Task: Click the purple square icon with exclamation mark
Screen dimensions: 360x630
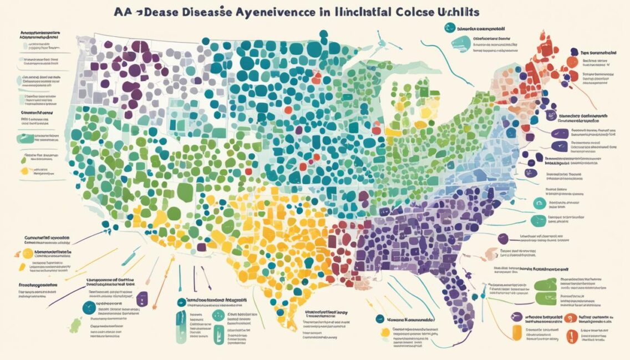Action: click(142, 297)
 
